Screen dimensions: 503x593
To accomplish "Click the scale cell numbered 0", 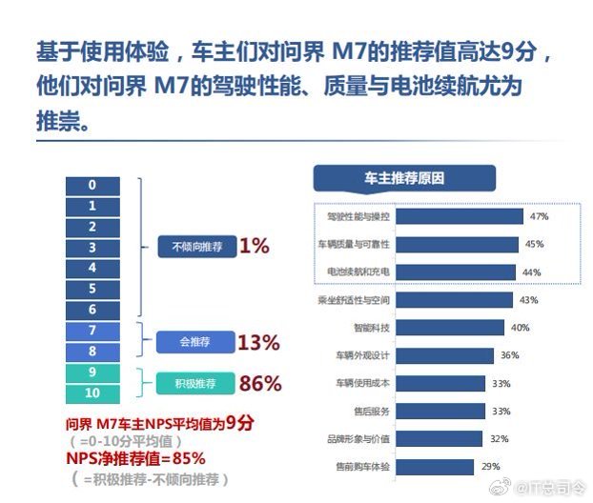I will [x=92, y=185].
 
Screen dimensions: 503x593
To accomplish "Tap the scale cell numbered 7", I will [x=92, y=331].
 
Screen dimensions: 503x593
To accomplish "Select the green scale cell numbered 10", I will [x=92, y=392].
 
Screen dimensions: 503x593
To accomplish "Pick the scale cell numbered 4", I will [x=92, y=268].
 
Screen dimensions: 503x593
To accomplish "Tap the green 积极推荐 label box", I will [x=194, y=383].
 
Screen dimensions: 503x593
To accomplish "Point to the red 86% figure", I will [x=259, y=384].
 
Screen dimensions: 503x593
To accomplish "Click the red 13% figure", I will [x=258, y=342].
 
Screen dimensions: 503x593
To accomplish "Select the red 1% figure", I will [x=255, y=246].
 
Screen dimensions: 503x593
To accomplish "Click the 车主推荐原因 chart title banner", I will [x=404, y=178].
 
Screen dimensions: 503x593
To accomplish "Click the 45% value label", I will [x=534, y=245].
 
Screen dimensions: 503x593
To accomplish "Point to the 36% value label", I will [x=509, y=356].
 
